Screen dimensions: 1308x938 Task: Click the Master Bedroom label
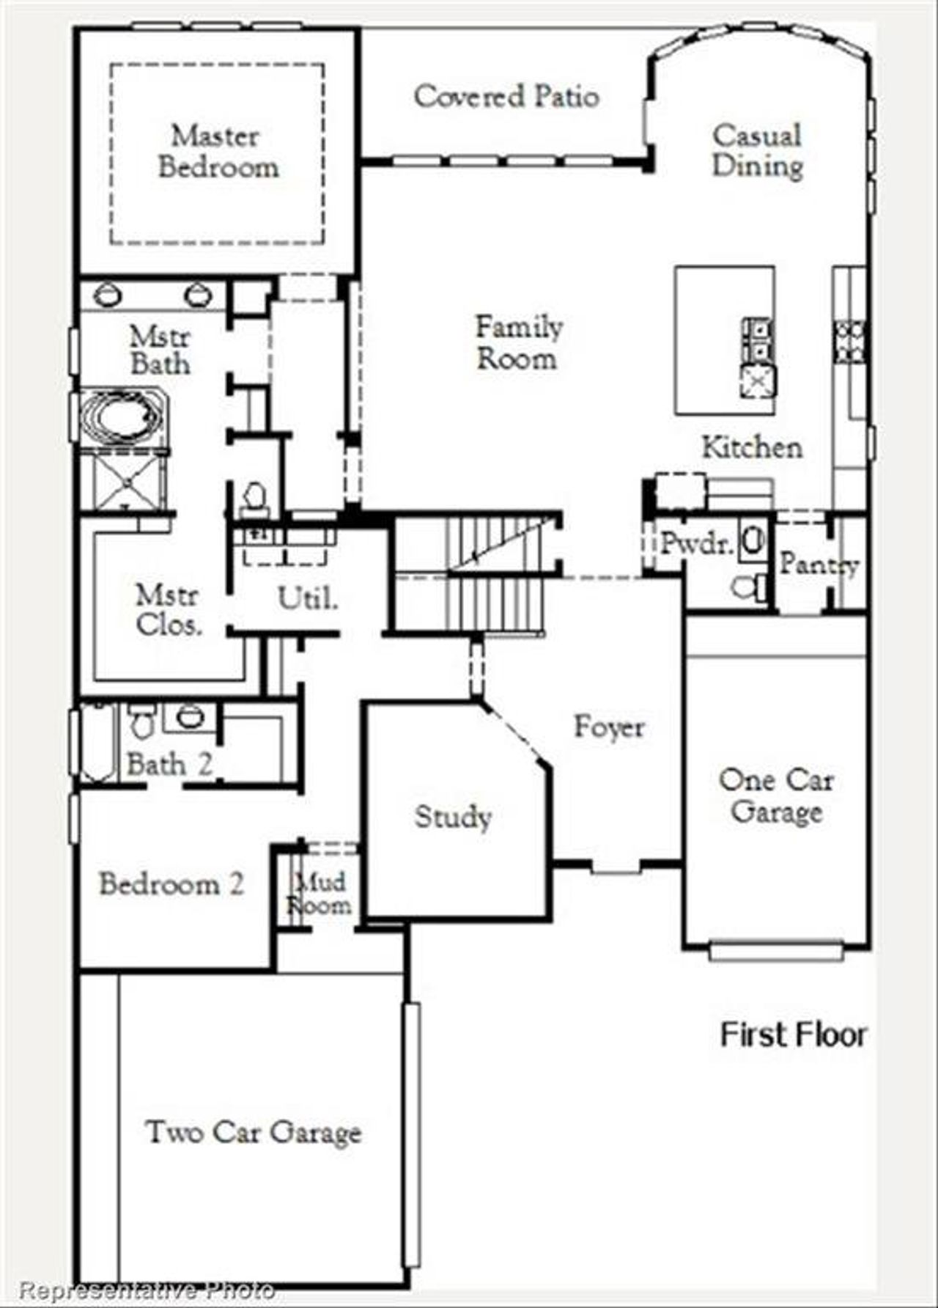click(218, 152)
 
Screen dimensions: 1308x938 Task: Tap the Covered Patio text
click(506, 97)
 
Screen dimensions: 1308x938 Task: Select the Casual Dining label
click(758, 151)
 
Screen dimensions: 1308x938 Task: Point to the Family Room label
click(519, 342)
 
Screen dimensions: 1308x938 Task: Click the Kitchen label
click(752, 447)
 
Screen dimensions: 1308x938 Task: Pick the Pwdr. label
click(696, 544)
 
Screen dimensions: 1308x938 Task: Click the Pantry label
click(818, 564)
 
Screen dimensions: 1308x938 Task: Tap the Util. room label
click(308, 599)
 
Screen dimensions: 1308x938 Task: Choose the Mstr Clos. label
click(169, 610)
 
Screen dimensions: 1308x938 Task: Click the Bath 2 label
click(169, 765)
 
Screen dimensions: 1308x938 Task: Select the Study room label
click(453, 817)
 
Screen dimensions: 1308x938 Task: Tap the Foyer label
click(609, 727)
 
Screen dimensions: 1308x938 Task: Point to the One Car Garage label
click(776, 796)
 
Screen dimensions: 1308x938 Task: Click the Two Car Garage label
click(254, 1133)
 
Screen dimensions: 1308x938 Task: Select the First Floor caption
click(794, 1035)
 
